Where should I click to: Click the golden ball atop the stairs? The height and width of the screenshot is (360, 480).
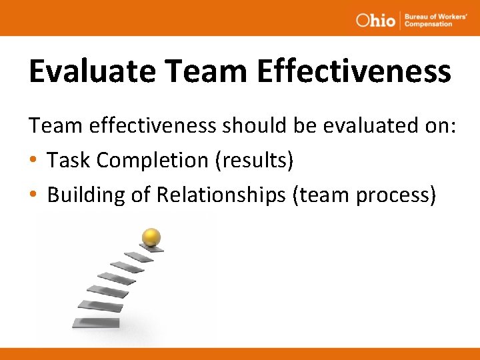151,237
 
